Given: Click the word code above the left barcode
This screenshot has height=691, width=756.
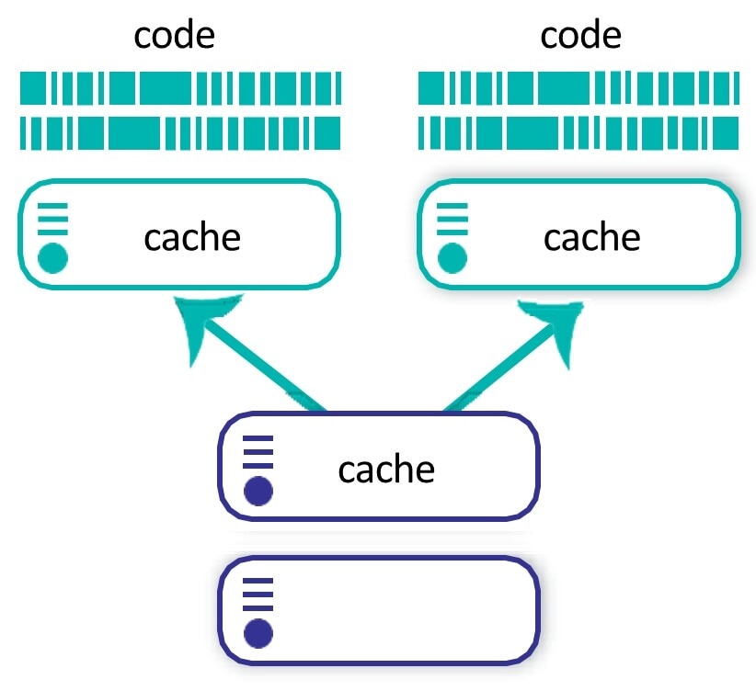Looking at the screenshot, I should pyautogui.click(x=174, y=36).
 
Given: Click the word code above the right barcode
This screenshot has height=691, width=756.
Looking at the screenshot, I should pyautogui.click(x=580, y=36).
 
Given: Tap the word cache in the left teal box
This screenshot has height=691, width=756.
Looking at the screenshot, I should pyautogui.click(x=192, y=237).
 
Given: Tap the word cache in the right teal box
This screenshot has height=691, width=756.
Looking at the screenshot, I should pyautogui.click(x=591, y=237).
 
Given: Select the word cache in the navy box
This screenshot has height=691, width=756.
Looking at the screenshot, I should pyautogui.click(x=386, y=470).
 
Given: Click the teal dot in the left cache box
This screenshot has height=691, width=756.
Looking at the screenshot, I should pyautogui.click(x=53, y=258).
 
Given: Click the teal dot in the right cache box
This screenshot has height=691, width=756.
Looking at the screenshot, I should pyautogui.click(x=452, y=258).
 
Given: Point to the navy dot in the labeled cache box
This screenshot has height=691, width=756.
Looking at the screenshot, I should pyautogui.click(x=258, y=492).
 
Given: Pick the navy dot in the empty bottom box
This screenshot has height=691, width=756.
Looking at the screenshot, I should pyautogui.click(x=258, y=633).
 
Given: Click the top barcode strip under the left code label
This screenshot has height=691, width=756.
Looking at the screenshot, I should pyautogui.click(x=180, y=89).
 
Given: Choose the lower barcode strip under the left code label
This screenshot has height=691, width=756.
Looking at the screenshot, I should pyautogui.click(x=180, y=133).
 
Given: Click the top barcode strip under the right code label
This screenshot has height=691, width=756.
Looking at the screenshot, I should pyautogui.click(x=578, y=89).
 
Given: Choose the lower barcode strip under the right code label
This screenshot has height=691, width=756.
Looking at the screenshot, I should pyautogui.click(x=578, y=133).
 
